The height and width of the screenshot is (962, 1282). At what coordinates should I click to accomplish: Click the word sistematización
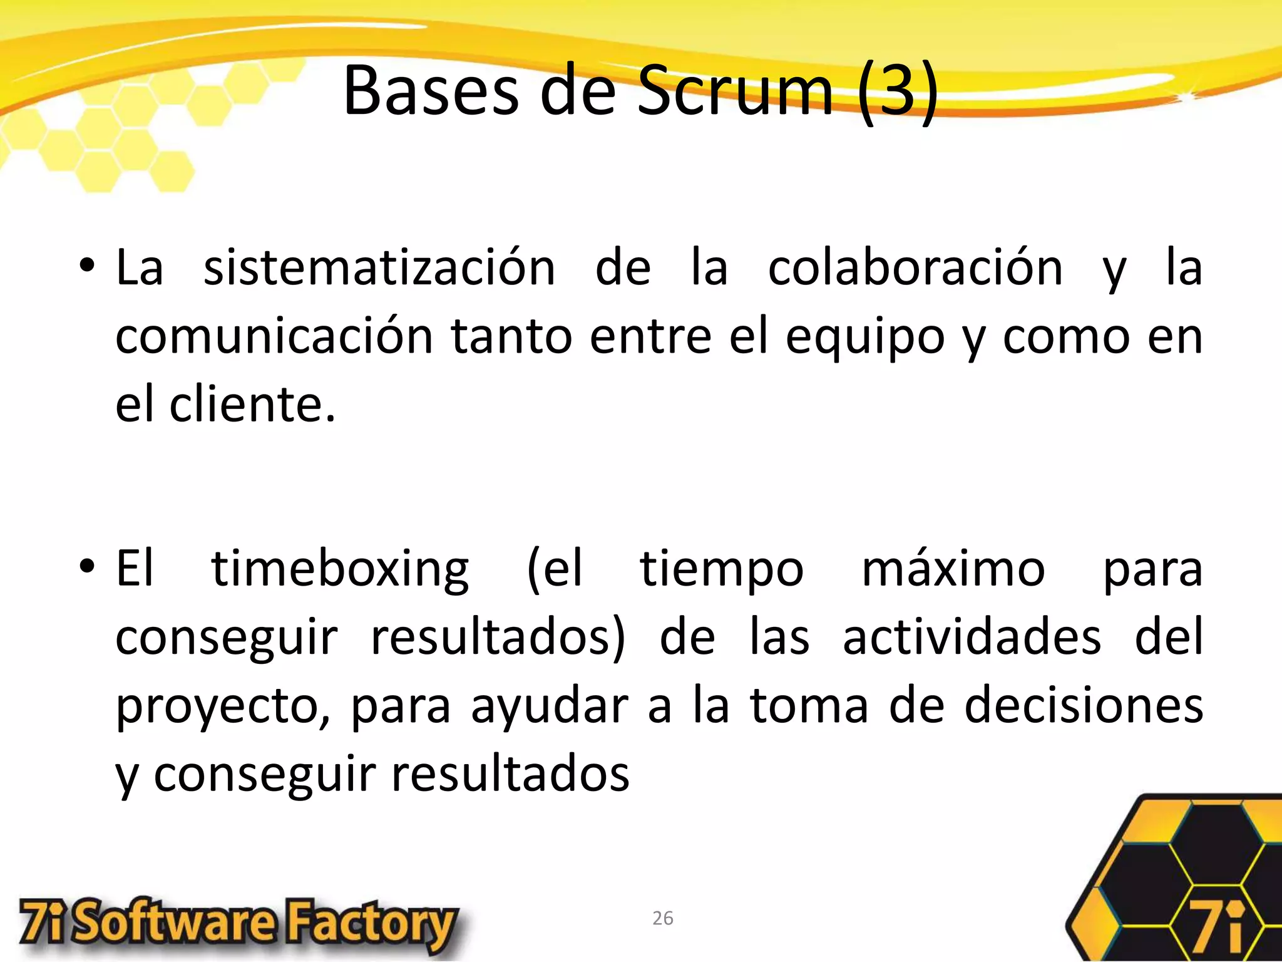(379, 268)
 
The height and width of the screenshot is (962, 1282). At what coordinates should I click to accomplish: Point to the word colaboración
(915, 268)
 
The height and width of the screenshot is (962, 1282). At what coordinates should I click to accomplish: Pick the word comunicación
(274, 336)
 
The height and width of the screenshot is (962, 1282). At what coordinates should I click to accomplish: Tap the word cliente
(252, 405)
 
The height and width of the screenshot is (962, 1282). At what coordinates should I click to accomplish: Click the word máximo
(953, 569)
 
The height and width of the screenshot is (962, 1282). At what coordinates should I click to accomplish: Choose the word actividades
(972, 638)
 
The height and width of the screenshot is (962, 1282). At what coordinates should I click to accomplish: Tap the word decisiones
(1083, 706)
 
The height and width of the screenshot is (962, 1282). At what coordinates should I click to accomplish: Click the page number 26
(662, 918)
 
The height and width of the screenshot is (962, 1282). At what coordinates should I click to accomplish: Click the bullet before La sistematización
(87, 267)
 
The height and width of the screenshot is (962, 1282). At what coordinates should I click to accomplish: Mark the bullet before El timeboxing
(87, 567)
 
